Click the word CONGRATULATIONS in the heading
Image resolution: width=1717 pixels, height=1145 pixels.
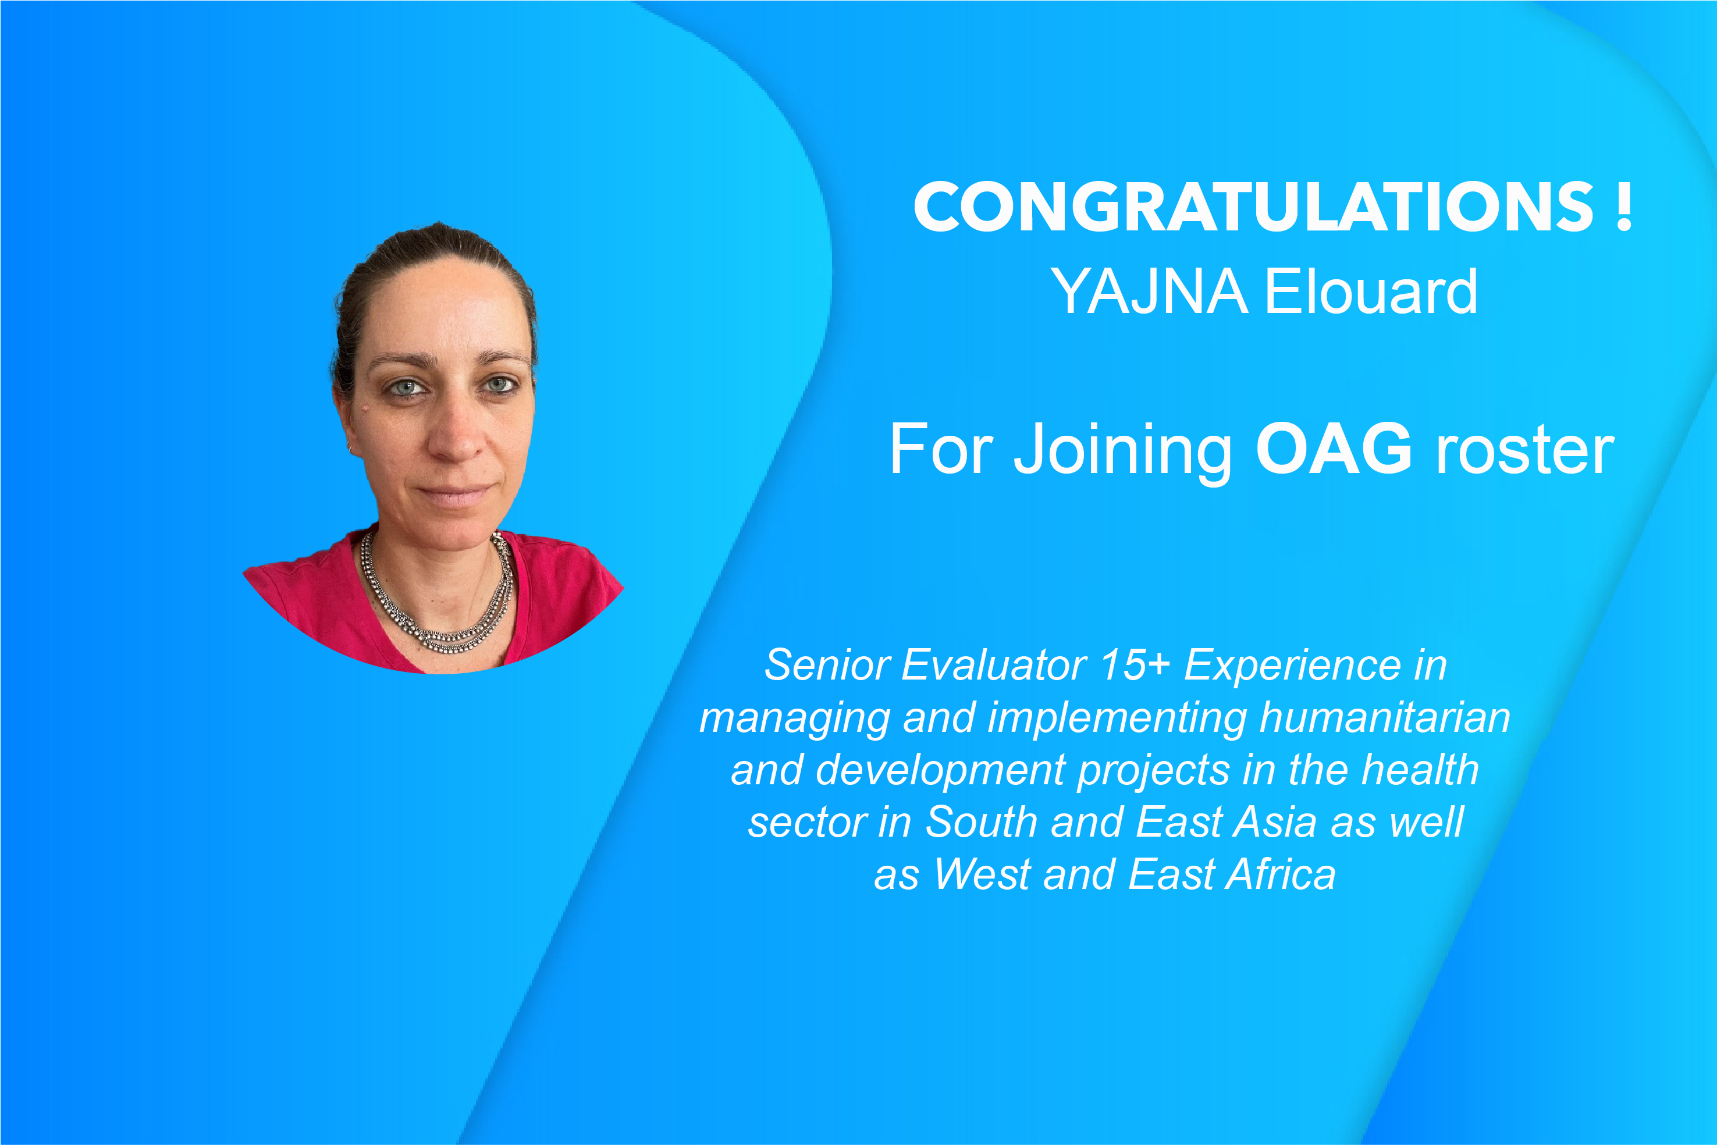[x=1253, y=207]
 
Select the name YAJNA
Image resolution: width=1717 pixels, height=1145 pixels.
[x=1150, y=292]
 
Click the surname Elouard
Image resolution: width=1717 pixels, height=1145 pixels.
[x=1371, y=291]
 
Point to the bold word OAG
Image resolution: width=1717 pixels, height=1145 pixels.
[x=1334, y=449]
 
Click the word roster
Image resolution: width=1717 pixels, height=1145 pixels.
[x=1525, y=453]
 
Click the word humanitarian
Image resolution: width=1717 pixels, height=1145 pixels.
[x=1385, y=718]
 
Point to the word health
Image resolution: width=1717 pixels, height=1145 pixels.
[x=1420, y=770]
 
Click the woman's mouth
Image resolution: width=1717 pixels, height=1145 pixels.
[x=456, y=495]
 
